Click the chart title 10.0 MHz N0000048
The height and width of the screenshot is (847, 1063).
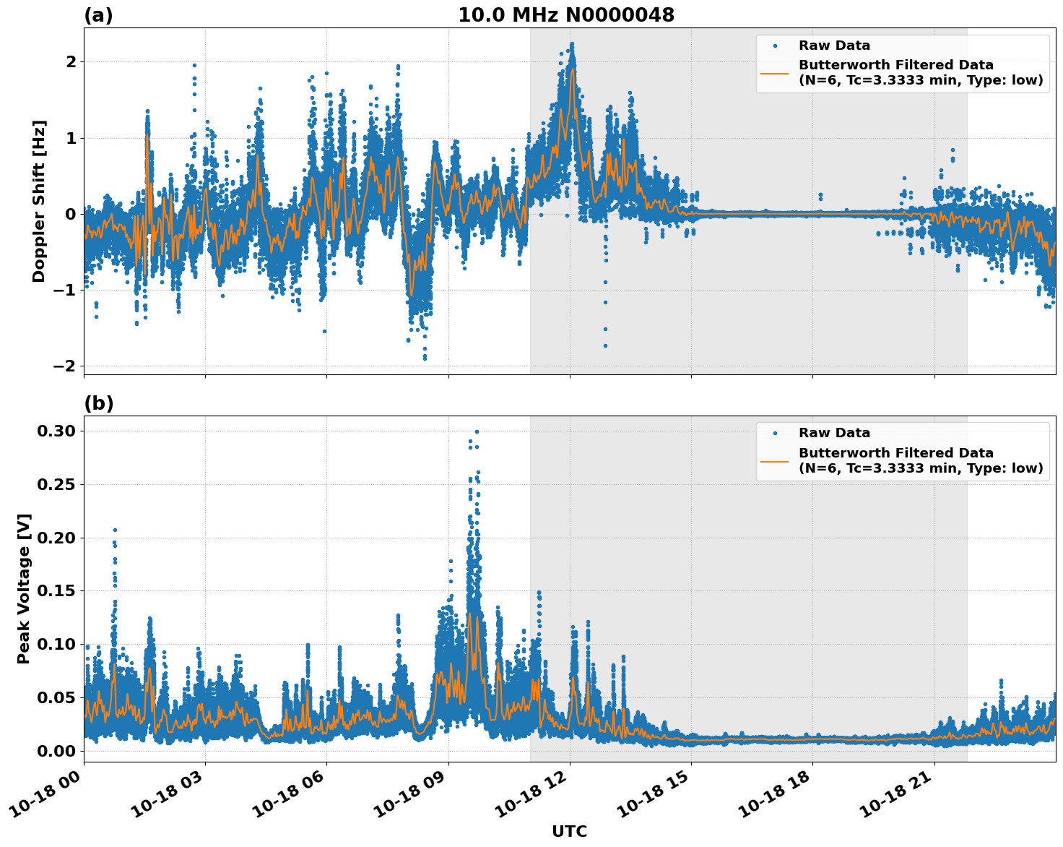click(566, 15)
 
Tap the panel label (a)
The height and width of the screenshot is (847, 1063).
click(98, 15)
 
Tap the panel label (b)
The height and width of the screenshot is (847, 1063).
click(98, 403)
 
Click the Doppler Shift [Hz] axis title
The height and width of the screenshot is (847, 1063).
click(39, 201)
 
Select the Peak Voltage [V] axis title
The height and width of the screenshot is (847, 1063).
click(25, 589)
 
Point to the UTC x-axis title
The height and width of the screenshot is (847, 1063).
click(569, 832)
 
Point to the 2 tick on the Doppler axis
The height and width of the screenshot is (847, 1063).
click(71, 62)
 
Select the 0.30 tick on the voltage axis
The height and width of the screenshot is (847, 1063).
click(56, 431)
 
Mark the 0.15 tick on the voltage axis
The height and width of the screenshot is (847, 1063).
click(56, 591)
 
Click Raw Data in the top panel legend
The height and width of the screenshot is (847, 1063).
click(834, 46)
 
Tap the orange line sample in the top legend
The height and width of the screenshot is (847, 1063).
click(775, 72)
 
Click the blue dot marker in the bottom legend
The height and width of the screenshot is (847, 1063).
click(775, 433)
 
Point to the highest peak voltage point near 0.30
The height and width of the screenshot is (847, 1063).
click(477, 431)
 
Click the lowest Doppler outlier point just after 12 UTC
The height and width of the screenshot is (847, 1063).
click(605, 345)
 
